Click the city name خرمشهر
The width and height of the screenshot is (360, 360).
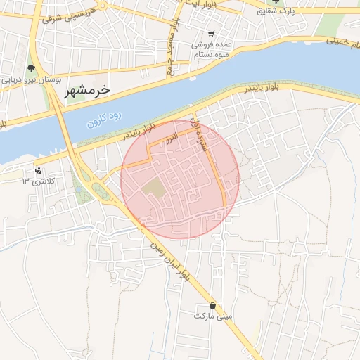88,91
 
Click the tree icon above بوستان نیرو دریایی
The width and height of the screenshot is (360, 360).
31,68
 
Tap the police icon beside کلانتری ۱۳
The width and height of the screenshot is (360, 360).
38,170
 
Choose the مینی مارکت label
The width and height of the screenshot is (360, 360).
213,317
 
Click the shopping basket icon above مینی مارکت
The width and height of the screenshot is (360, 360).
213,305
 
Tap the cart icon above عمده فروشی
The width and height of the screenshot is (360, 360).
211,34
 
